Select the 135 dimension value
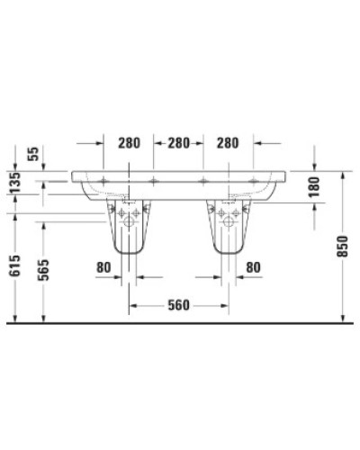(x=13, y=184)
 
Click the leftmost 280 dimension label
(x=130, y=143)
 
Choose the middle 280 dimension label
(x=179, y=143)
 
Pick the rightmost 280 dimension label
(x=229, y=143)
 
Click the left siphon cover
(x=131, y=229)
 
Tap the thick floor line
(x=180, y=322)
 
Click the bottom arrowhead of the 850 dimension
(x=344, y=317)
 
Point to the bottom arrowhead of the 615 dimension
(x=13, y=317)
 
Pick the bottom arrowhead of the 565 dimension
(x=43, y=317)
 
